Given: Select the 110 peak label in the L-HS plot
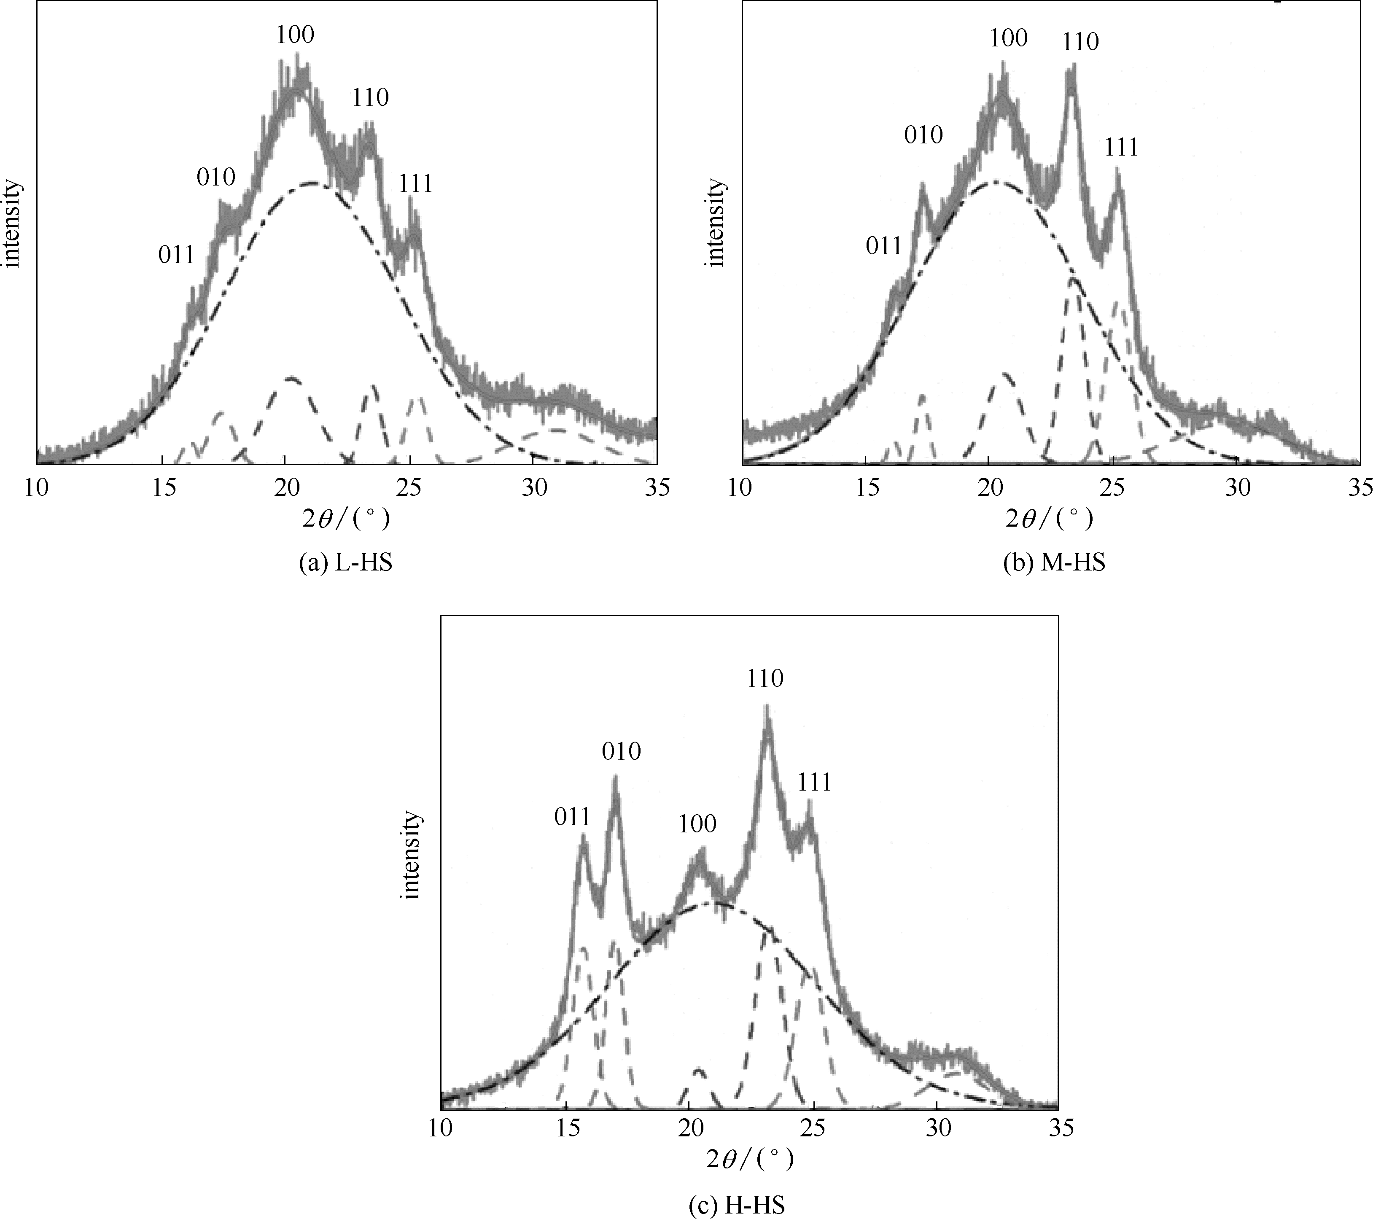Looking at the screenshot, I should pos(370,98).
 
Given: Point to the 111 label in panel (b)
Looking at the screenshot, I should pos(1121,148).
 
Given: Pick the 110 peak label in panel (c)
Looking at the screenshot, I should pos(765,679).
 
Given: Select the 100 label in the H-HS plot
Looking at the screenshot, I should pos(697,824).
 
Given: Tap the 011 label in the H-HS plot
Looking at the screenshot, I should pos(572,817).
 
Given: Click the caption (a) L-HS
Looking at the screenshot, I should pos(345,563).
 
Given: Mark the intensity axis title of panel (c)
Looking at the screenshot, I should pos(411,855).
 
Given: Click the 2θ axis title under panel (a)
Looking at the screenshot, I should pos(345,519).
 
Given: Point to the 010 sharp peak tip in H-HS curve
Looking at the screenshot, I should pos(615,778).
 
